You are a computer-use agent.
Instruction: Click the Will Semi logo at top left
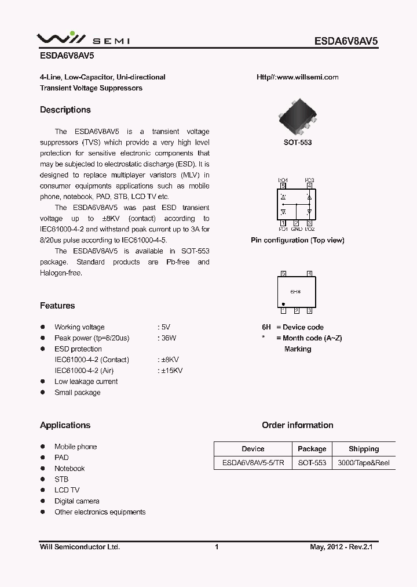pyautogui.click(x=83, y=39)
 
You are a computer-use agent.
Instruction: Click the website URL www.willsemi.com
pyautogui.click(x=297, y=77)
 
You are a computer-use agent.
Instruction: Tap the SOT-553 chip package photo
pyautogui.click(x=297, y=118)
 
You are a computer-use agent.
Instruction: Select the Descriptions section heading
pyautogui.click(x=65, y=110)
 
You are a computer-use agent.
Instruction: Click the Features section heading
pyautogui.click(x=57, y=306)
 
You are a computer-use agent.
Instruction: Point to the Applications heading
pyautogui.click(x=65, y=425)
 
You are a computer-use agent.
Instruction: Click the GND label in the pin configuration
pyautogui.click(x=297, y=229)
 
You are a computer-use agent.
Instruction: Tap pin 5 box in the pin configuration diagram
pyautogui.click(x=283, y=186)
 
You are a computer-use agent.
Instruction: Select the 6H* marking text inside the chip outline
pyautogui.click(x=295, y=292)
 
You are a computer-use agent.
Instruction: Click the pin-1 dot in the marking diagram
pyautogui.click(x=283, y=304)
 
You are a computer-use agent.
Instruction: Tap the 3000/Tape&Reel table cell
pyautogui.click(x=364, y=463)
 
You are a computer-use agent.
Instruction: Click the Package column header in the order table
pyautogui.click(x=312, y=449)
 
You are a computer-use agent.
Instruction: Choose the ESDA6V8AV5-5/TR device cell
pyautogui.click(x=253, y=463)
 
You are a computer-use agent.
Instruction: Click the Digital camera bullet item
pyautogui.click(x=76, y=501)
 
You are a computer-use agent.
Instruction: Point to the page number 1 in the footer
pyautogui.click(x=217, y=547)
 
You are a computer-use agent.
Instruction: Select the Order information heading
pyautogui.click(x=297, y=425)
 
